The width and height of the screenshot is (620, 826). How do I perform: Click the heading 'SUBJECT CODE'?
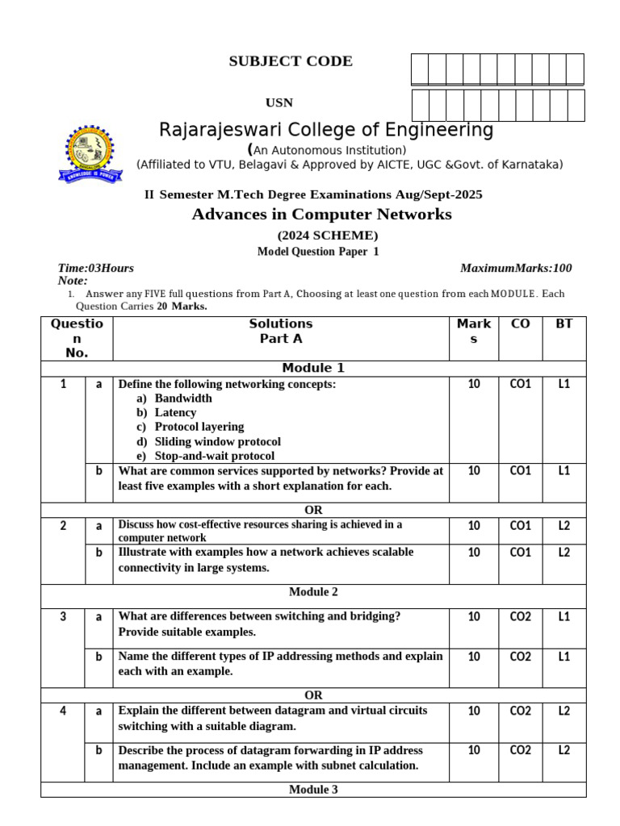(x=291, y=61)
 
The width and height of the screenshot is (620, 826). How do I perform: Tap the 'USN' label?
(x=279, y=102)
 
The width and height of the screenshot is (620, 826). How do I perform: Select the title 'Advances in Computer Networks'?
(x=321, y=214)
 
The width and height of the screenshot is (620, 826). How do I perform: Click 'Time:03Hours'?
(x=96, y=268)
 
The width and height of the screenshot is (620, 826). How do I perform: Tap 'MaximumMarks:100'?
(x=516, y=268)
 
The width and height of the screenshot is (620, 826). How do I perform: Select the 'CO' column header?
(x=521, y=324)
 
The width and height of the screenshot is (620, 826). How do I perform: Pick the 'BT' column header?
(x=564, y=324)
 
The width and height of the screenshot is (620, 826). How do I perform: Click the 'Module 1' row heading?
(x=313, y=368)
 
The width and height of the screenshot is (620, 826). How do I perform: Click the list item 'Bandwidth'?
(x=183, y=398)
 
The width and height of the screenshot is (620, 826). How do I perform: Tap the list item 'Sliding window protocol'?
(x=218, y=442)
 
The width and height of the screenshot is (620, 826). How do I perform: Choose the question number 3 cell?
(x=63, y=617)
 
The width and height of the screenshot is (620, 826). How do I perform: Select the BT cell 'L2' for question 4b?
(x=563, y=751)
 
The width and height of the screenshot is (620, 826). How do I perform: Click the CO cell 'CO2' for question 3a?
(x=521, y=617)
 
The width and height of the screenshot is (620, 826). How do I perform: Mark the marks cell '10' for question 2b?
(x=474, y=553)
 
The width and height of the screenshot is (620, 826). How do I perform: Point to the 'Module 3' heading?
(x=313, y=790)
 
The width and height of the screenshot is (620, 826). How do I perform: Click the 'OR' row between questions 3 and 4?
(x=313, y=695)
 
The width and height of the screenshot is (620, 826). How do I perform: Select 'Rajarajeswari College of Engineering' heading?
(x=326, y=131)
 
